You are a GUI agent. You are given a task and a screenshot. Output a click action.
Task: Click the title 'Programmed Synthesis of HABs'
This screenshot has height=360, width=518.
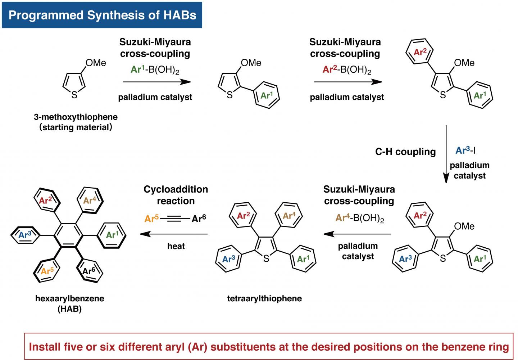point(102,15)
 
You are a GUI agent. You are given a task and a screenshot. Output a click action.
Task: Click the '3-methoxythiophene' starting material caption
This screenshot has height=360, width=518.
point(76,117)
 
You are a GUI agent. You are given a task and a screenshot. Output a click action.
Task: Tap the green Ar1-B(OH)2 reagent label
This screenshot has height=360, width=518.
point(155,70)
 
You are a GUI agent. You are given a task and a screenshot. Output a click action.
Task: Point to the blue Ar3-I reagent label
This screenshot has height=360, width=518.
point(466,150)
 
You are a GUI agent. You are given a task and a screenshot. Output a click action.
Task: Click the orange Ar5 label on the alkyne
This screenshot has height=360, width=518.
point(152,218)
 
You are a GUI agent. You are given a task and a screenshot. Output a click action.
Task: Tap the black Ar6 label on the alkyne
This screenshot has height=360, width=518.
point(199,218)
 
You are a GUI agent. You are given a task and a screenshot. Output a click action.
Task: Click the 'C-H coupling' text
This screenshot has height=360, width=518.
point(405,152)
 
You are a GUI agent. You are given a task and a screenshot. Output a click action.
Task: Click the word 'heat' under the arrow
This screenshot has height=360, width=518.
point(176,246)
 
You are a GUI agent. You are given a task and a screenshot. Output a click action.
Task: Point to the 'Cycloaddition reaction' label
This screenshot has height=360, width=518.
point(176,195)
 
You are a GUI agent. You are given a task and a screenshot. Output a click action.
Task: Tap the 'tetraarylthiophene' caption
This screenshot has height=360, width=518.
point(264,298)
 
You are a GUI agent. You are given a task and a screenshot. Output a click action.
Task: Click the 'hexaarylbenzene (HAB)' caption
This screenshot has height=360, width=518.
point(70,303)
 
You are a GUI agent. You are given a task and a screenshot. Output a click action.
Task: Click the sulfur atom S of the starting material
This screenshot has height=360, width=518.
point(74,95)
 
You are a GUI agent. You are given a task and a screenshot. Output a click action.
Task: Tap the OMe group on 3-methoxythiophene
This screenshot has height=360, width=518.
point(95,63)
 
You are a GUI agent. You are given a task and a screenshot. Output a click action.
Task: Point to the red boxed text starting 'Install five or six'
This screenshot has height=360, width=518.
point(269,346)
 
